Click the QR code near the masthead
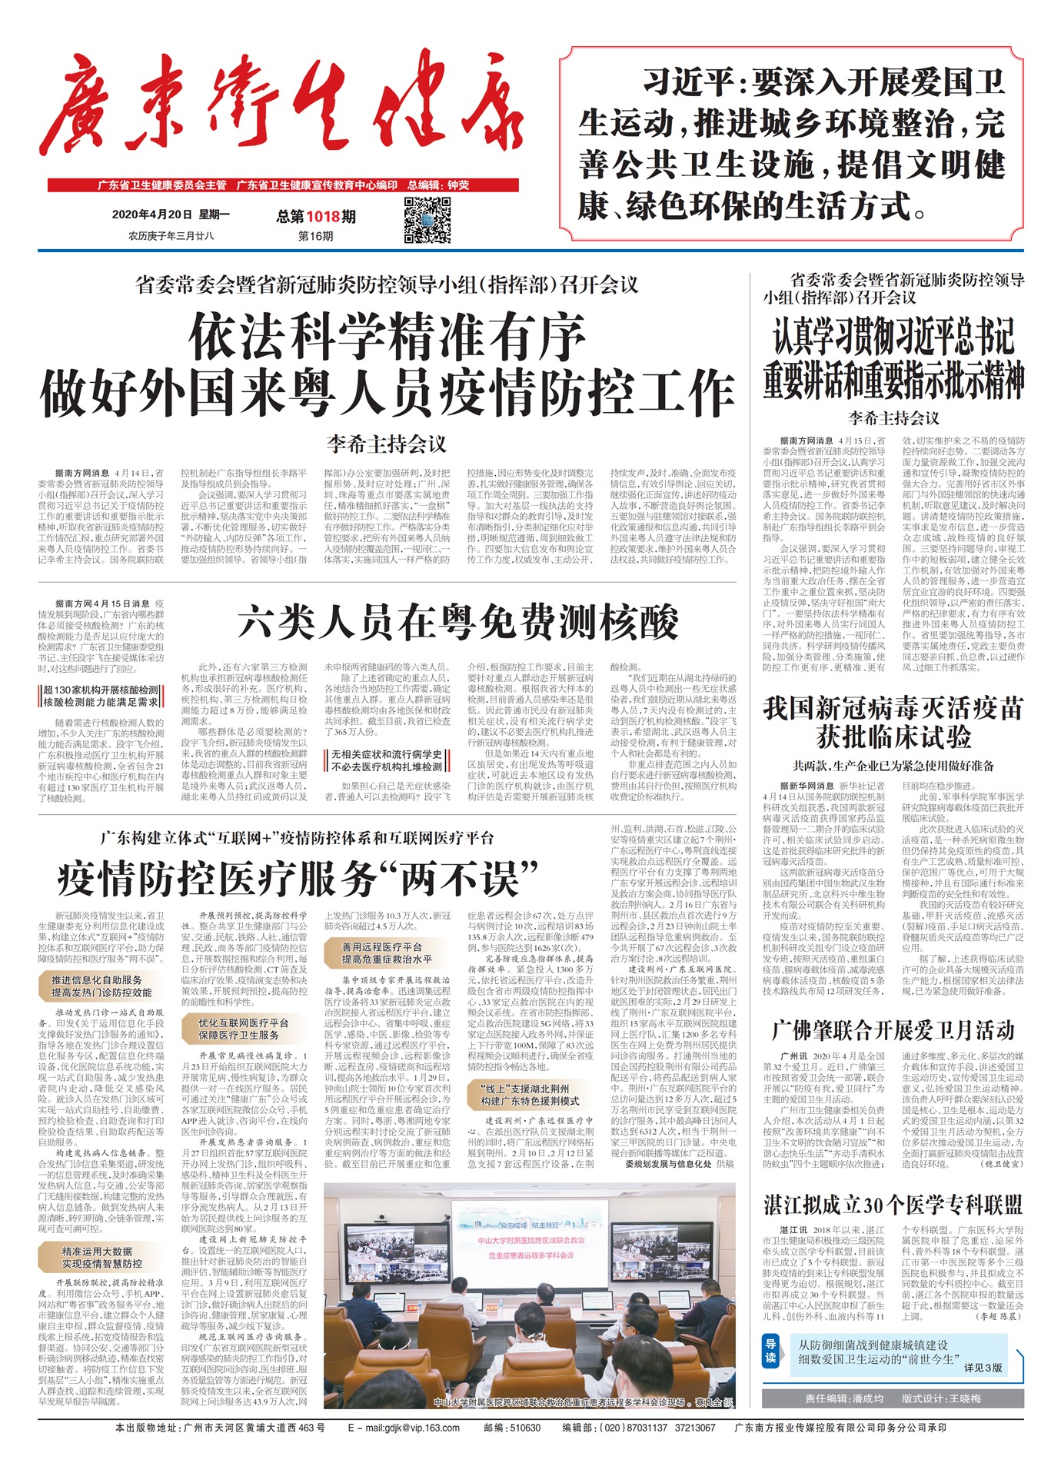tap(427, 221)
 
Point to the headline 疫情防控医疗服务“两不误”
tap(298, 879)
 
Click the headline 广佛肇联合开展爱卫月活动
tap(893, 1030)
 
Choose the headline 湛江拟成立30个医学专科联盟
tap(893, 1204)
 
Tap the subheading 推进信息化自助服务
tap(97, 980)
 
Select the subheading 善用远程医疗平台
tap(382, 947)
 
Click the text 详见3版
tap(983, 1368)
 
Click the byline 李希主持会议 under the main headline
tap(386, 444)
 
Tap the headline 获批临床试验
tap(893, 738)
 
